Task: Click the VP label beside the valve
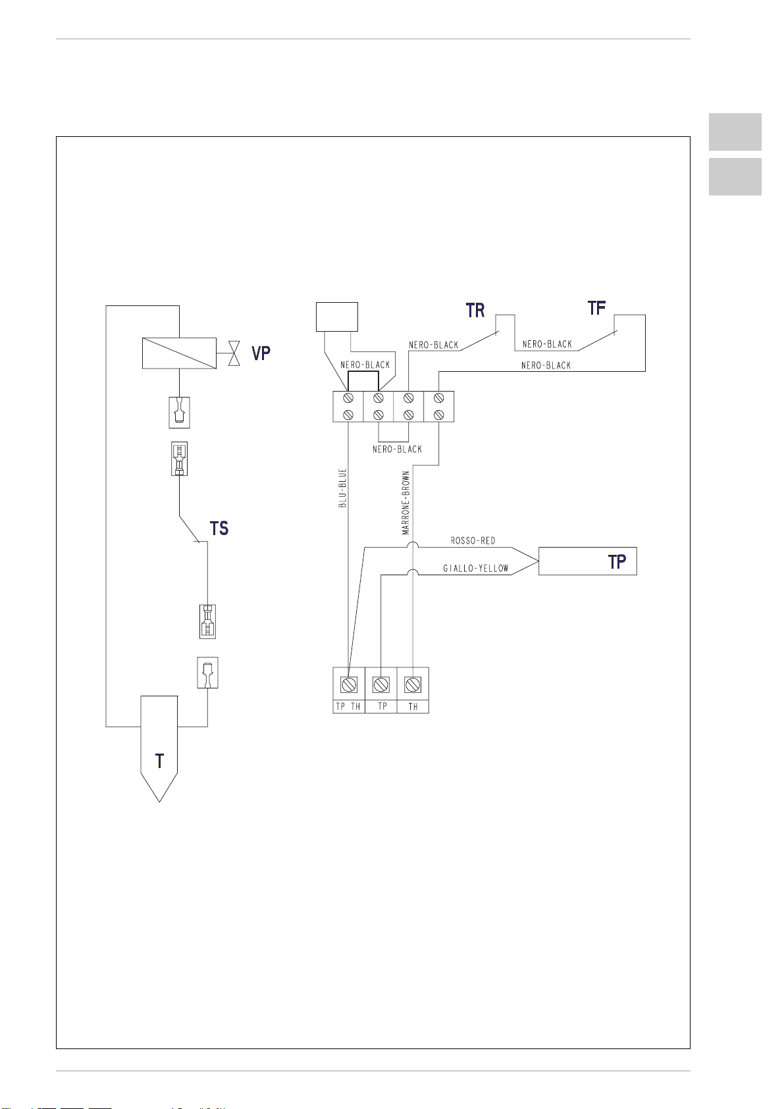(x=261, y=353)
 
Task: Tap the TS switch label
(x=219, y=528)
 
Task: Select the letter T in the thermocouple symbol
(x=159, y=761)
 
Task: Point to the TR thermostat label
(x=475, y=311)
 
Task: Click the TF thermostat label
(x=596, y=308)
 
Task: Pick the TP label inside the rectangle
(x=617, y=561)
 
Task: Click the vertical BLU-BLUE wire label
(x=343, y=488)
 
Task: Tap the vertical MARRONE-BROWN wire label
(x=407, y=502)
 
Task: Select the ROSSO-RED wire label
(x=473, y=541)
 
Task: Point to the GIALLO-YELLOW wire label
(x=475, y=569)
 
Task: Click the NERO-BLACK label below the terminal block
(x=397, y=450)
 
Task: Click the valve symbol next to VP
(x=232, y=353)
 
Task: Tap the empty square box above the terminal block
(x=337, y=317)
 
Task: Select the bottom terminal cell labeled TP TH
(x=348, y=706)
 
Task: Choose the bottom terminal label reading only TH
(x=413, y=706)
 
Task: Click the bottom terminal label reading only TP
(x=382, y=706)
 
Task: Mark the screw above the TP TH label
(x=348, y=684)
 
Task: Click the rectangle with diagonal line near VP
(x=179, y=353)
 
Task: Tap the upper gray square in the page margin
(x=735, y=132)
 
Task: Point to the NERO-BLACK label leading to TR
(x=433, y=345)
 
